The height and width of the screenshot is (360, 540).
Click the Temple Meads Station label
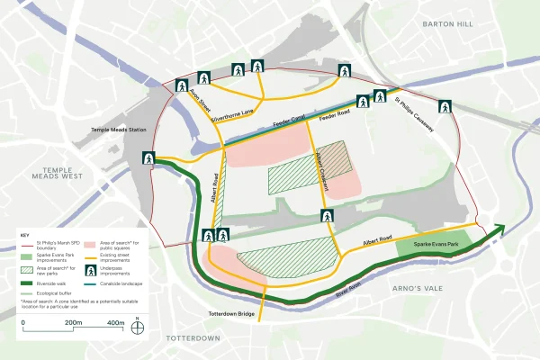click(x=119, y=130)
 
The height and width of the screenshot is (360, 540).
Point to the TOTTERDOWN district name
click(x=193, y=337)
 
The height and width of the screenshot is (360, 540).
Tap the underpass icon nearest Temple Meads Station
click(x=148, y=158)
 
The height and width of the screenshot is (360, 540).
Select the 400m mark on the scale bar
click(x=115, y=322)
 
